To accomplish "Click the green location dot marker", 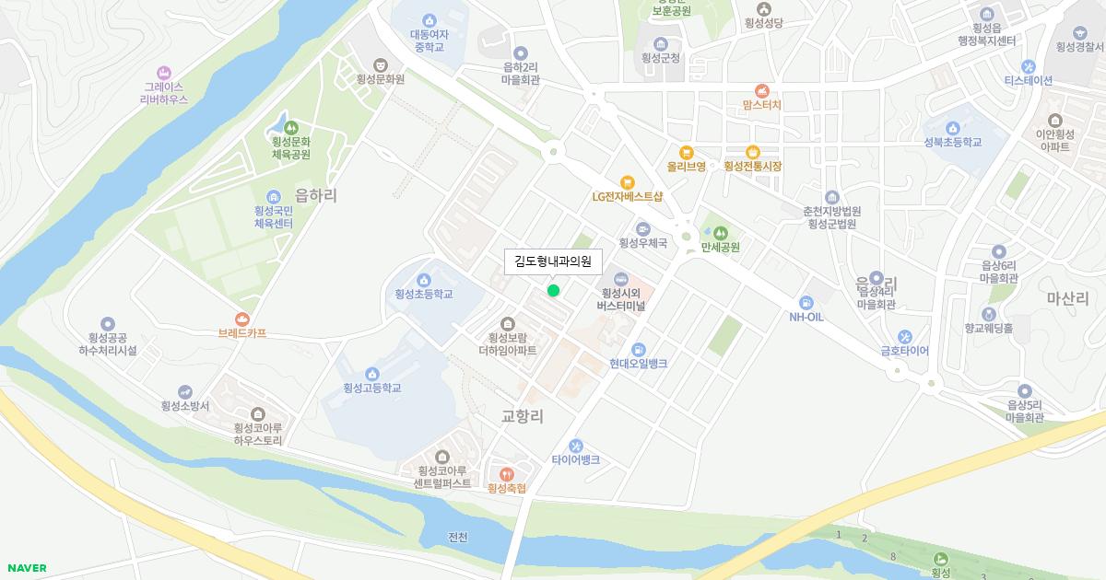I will point(553,291).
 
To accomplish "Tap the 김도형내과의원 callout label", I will point(553,261).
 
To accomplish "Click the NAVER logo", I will point(26,568).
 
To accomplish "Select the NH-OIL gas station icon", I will point(806,302).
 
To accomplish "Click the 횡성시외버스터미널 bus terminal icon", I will point(619,279).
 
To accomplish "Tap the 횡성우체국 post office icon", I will point(642,229).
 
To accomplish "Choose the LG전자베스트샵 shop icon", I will point(628,182).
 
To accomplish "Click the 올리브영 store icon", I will point(686,153).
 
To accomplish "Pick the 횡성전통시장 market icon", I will point(753,153).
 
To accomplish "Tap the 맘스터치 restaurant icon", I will point(761,90).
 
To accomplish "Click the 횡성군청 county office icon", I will point(661,43).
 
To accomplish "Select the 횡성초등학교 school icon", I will point(424,280).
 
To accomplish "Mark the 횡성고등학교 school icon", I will point(371,374).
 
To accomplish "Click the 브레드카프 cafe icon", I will point(242,319).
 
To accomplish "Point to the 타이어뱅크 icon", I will point(576,446).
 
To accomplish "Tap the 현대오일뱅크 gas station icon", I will point(638,349).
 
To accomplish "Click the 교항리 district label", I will point(523,416).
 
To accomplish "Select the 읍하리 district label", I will point(316,195).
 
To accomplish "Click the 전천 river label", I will point(458,538).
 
